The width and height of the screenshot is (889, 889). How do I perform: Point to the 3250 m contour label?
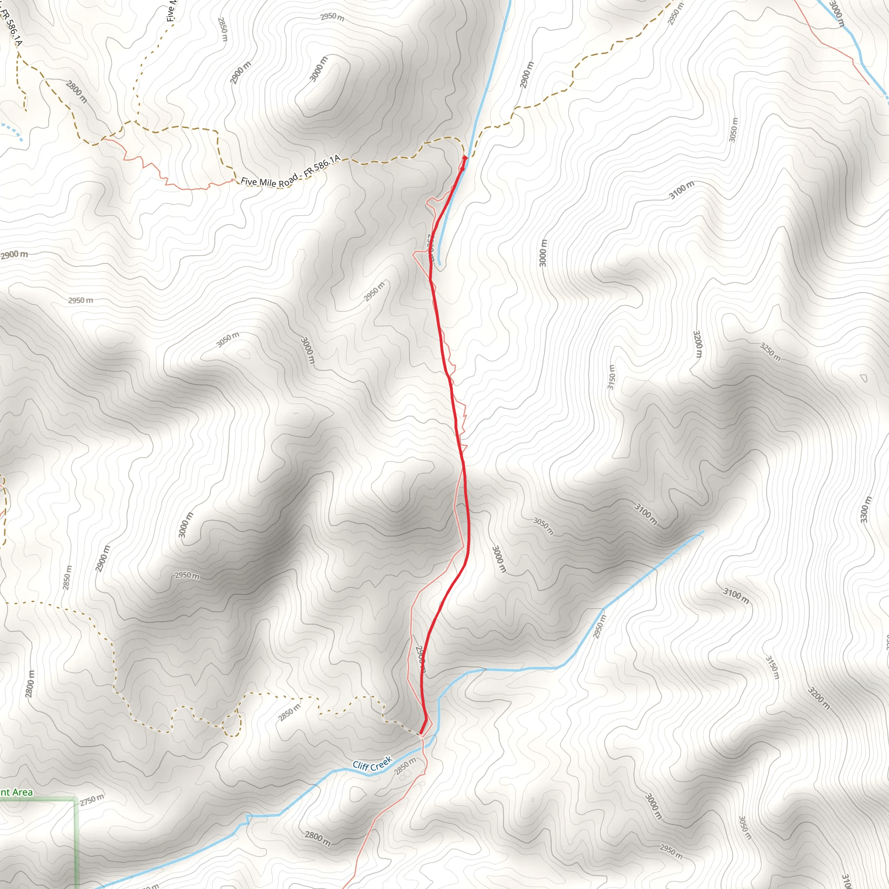coord(770,352)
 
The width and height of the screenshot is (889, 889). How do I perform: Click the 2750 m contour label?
coord(92,800)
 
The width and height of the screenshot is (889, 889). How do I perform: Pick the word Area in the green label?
coord(23,792)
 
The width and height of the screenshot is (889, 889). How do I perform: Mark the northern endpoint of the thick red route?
coord(464,158)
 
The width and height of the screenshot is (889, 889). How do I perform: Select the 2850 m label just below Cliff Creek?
coord(405,766)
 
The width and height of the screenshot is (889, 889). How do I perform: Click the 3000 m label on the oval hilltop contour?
coord(319,69)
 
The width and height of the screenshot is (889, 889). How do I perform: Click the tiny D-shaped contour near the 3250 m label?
coord(863,378)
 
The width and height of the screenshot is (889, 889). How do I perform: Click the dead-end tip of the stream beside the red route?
coord(440,264)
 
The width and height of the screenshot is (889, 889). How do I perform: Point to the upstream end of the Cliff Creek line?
coord(703,531)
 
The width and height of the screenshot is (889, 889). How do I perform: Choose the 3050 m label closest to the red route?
coord(543,526)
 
